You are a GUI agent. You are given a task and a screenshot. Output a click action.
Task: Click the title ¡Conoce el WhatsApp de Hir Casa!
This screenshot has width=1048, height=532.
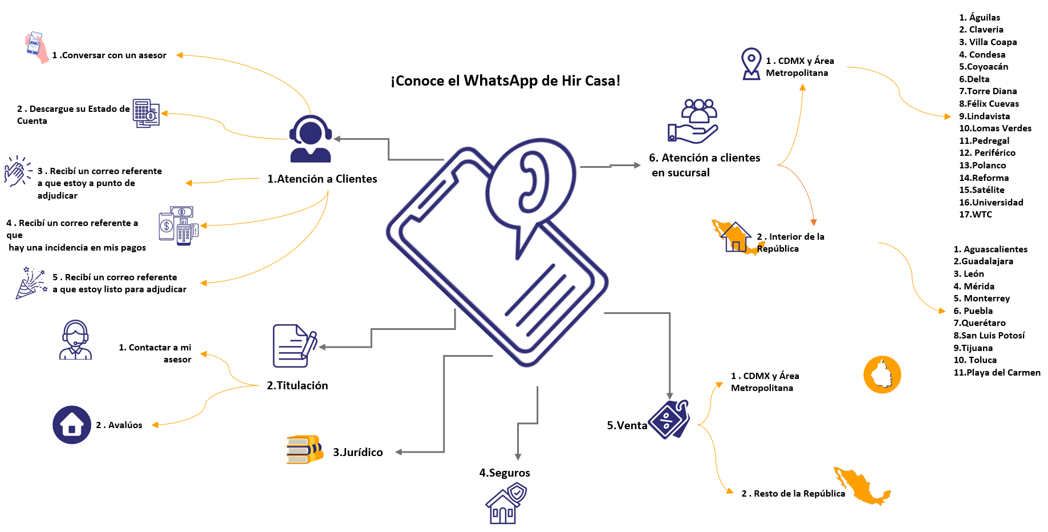[505, 80]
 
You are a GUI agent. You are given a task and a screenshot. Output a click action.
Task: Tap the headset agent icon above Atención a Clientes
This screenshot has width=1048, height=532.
[310, 139]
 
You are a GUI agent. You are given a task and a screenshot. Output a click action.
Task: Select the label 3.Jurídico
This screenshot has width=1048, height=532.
[358, 452]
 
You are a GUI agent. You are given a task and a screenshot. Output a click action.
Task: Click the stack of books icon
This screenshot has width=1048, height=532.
[304, 449]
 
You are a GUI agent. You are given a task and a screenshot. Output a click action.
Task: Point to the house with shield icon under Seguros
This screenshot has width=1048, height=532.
[505, 503]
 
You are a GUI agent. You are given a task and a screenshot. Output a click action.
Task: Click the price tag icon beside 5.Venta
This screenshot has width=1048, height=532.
[669, 420]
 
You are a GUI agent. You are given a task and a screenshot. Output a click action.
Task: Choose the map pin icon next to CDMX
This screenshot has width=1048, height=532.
[751, 63]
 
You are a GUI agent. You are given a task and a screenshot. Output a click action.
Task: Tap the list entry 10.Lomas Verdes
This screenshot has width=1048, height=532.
[995, 128]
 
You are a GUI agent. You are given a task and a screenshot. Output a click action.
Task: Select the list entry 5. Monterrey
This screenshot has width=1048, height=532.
[981, 299]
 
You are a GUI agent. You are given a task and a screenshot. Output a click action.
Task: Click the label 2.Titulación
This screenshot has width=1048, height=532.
[297, 385]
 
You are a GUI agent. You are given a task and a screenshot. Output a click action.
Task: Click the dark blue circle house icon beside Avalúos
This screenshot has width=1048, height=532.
[72, 425]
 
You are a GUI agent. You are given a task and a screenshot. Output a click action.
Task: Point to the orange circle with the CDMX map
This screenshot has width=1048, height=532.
[882, 374]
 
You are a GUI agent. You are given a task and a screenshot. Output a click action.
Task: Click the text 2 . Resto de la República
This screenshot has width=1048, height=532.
[793, 493]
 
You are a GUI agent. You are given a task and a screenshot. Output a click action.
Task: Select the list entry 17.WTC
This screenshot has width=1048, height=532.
[975, 215]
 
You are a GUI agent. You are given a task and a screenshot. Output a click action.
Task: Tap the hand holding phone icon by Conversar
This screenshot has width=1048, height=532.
[36, 47]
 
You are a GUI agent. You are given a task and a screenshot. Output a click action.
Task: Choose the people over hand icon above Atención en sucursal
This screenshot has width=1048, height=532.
[694, 120]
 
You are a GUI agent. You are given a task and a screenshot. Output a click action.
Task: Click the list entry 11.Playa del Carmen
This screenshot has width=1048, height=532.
[997, 373]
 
